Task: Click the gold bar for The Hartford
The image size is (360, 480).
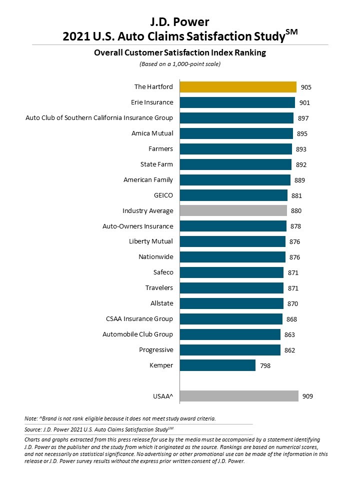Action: pyautogui.click(x=238, y=87)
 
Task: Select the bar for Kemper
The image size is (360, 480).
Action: pyautogui.click(x=217, y=365)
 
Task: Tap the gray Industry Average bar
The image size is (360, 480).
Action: pyautogui.click(x=233, y=211)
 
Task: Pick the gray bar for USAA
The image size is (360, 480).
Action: pyautogui.click(x=239, y=396)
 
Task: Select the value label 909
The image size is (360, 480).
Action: pyautogui.click(x=308, y=396)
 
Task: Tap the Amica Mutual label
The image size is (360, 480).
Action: pyautogui.click(x=152, y=133)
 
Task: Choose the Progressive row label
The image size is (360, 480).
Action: pyautogui.click(x=156, y=350)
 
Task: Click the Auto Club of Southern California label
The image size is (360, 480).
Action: pyautogui.click(x=99, y=118)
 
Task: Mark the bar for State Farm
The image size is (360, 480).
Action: pyautogui.click(x=235, y=164)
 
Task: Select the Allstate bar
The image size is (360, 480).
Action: pyautogui.click(x=231, y=303)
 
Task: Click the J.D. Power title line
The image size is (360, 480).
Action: pyautogui.click(x=179, y=21)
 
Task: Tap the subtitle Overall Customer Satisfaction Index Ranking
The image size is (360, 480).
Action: pyautogui.click(x=179, y=52)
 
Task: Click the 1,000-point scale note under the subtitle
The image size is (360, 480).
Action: pyautogui.click(x=179, y=64)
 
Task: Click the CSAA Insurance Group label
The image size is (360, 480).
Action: pyautogui.click(x=139, y=319)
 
